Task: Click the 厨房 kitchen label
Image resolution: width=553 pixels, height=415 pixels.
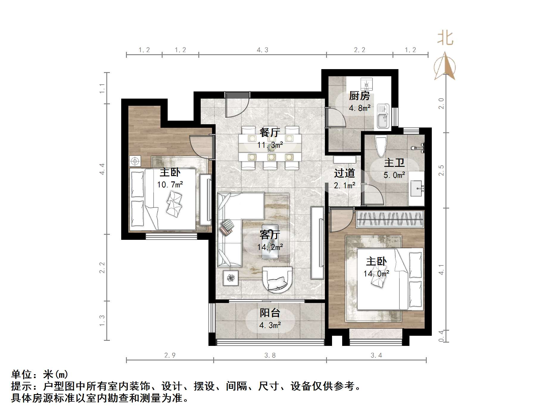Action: click(359, 96)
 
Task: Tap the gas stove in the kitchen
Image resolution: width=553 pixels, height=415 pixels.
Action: click(367, 84)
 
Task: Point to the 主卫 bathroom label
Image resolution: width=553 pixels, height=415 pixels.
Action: click(394, 163)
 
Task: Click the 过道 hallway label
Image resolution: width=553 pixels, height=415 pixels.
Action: click(344, 173)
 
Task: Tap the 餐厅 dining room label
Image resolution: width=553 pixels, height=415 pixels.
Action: click(270, 132)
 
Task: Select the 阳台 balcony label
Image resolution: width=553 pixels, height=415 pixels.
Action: click(270, 313)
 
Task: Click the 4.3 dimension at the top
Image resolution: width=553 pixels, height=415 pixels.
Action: click(262, 50)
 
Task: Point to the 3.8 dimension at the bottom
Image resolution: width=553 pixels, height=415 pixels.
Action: click(270, 355)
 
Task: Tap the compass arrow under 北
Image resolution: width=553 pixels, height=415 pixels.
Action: click(445, 66)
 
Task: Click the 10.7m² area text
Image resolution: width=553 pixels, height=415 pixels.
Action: click(170, 185)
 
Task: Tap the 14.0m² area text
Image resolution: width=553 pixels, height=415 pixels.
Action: click(376, 273)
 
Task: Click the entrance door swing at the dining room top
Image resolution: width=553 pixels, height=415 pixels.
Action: click(237, 106)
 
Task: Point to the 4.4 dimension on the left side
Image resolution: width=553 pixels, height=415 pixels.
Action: click(102, 169)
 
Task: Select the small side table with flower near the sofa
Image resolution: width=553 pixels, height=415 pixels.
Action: click(230, 278)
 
